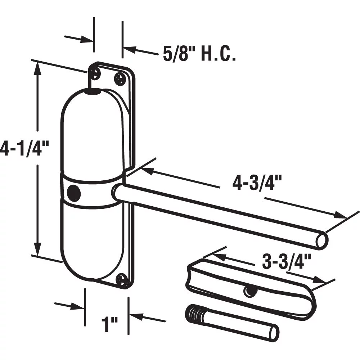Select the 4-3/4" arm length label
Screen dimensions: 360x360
click(x=257, y=183)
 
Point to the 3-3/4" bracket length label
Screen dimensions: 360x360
click(x=286, y=261)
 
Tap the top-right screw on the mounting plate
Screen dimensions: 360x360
click(x=120, y=79)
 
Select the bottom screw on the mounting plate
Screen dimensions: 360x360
click(x=122, y=279)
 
